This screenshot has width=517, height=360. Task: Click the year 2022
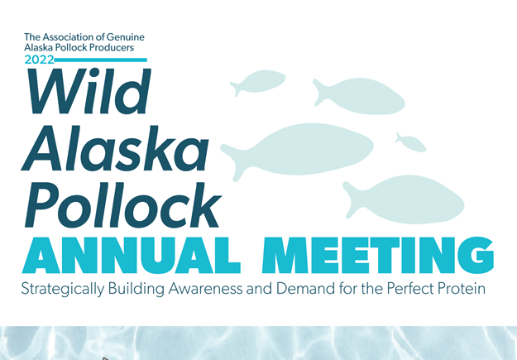[x=39, y=60]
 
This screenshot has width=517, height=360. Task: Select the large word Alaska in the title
[x=115, y=148]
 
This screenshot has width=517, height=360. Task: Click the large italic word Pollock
[x=122, y=204]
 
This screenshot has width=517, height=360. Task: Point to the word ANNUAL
[x=132, y=256]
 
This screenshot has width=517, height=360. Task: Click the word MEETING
[x=378, y=256]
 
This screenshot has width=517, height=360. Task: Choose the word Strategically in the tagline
[x=63, y=289]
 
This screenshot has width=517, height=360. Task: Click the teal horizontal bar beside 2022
[x=101, y=60]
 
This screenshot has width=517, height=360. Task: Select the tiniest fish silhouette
[x=411, y=142]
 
